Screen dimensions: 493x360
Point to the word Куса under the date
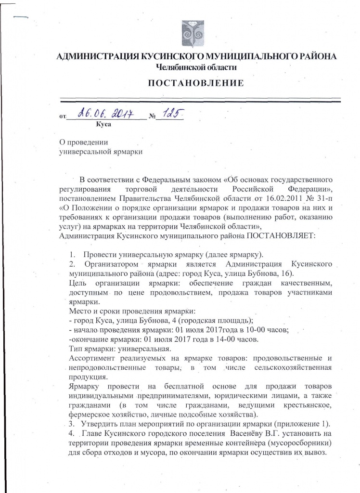104,125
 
